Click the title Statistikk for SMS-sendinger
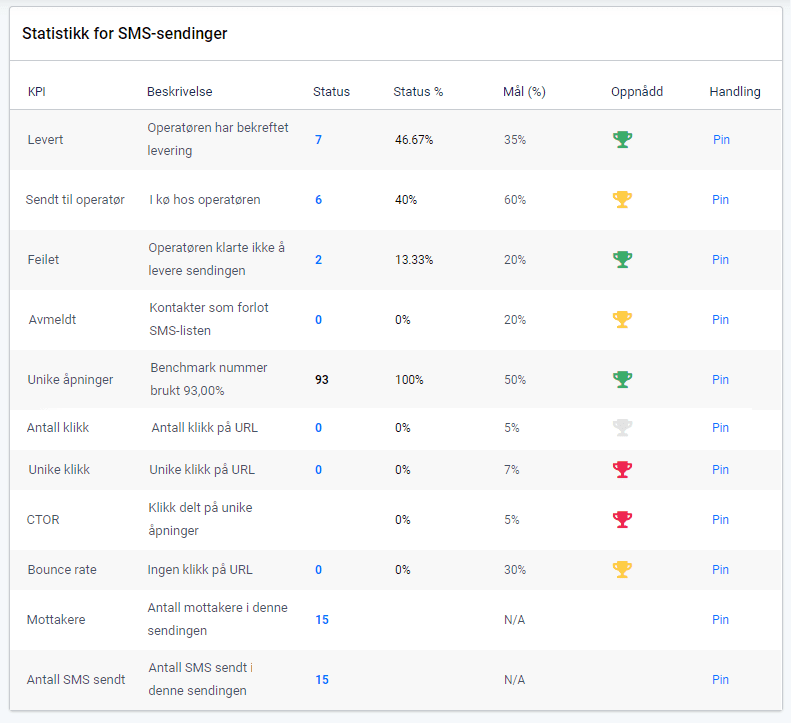pyautogui.click(x=125, y=34)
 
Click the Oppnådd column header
pyautogui.click(x=637, y=92)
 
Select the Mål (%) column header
pyautogui.click(x=524, y=92)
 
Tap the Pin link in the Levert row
pyautogui.click(x=721, y=140)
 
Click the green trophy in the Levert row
pyautogui.click(x=622, y=140)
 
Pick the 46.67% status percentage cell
pyautogui.click(x=414, y=140)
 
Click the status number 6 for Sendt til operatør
pyautogui.click(x=319, y=200)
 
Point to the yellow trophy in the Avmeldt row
pyautogui.click(x=622, y=320)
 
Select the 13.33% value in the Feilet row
pyautogui.click(x=414, y=260)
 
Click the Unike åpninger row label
pyautogui.click(x=70, y=380)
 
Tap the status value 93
pyautogui.click(x=321, y=380)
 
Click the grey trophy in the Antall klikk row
pyautogui.click(x=622, y=428)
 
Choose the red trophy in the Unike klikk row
pyautogui.click(x=622, y=470)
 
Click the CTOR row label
pyautogui.click(x=43, y=520)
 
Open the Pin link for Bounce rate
pyautogui.click(x=721, y=570)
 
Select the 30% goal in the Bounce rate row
pyautogui.click(x=515, y=570)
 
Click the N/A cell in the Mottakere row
pyautogui.click(x=515, y=620)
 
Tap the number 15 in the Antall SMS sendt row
pyautogui.click(x=322, y=680)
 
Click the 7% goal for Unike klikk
pyautogui.click(x=512, y=470)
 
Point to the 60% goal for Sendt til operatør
pyautogui.click(x=515, y=200)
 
